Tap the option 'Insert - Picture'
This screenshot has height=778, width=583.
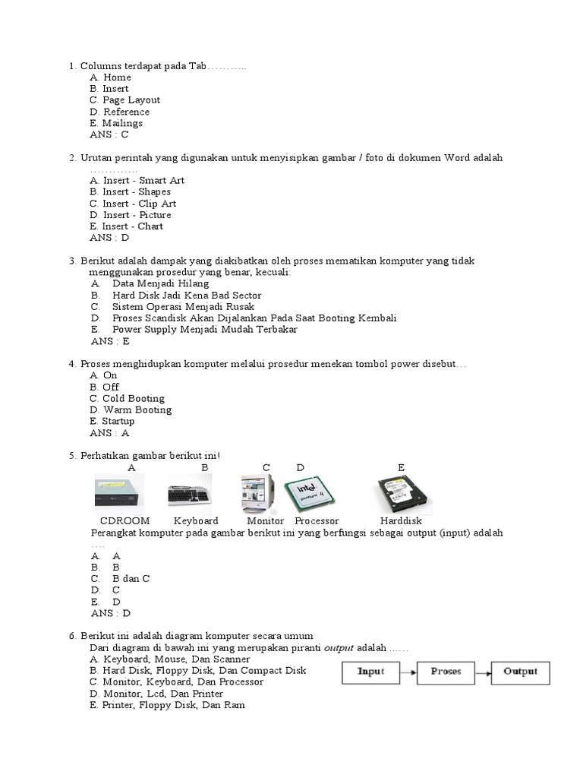[130, 215]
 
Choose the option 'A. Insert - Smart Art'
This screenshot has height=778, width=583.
[137, 181]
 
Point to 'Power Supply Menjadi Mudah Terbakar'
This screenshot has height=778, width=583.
[204, 330]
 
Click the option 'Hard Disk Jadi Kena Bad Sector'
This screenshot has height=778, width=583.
[187, 295]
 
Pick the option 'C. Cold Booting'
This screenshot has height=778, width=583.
[127, 398]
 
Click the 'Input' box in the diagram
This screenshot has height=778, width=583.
[370, 672]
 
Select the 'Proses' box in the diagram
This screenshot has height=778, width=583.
[446, 672]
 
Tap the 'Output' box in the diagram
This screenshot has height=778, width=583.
[520, 672]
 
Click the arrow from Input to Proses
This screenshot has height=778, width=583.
[408, 672]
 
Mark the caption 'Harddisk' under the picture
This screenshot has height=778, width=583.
[401, 521]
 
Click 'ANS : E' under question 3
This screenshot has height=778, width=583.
[109, 341]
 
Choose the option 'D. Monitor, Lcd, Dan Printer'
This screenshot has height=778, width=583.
[156, 694]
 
